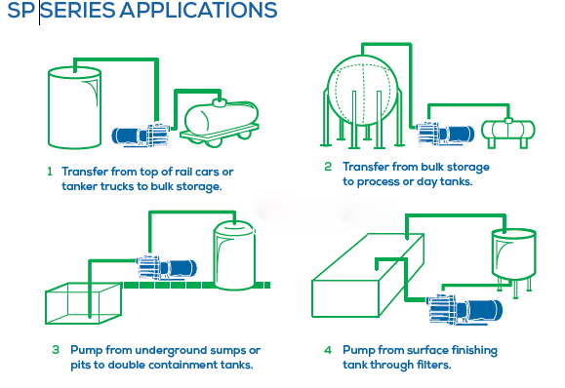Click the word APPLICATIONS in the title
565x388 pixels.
coord(198,10)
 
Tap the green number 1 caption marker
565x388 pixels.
coord(50,172)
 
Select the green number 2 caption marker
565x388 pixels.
coord(328,167)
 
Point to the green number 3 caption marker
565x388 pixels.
coord(56,349)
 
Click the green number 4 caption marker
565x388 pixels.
coord(328,349)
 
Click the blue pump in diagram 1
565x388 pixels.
coord(141,135)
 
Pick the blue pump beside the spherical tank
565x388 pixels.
coord(445,134)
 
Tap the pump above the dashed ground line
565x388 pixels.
coord(167,267)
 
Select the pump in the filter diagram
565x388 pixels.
coord(464,309)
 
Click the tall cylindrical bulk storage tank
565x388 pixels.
coord(74,108)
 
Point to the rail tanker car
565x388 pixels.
coord(220,123)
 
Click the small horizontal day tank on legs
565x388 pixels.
coord(508,132)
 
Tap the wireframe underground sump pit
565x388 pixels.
coord(83,303)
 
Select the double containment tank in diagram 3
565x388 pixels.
coord(234,254)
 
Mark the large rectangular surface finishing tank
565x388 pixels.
coord(368,275)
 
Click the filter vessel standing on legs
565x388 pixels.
coord(514,260)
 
